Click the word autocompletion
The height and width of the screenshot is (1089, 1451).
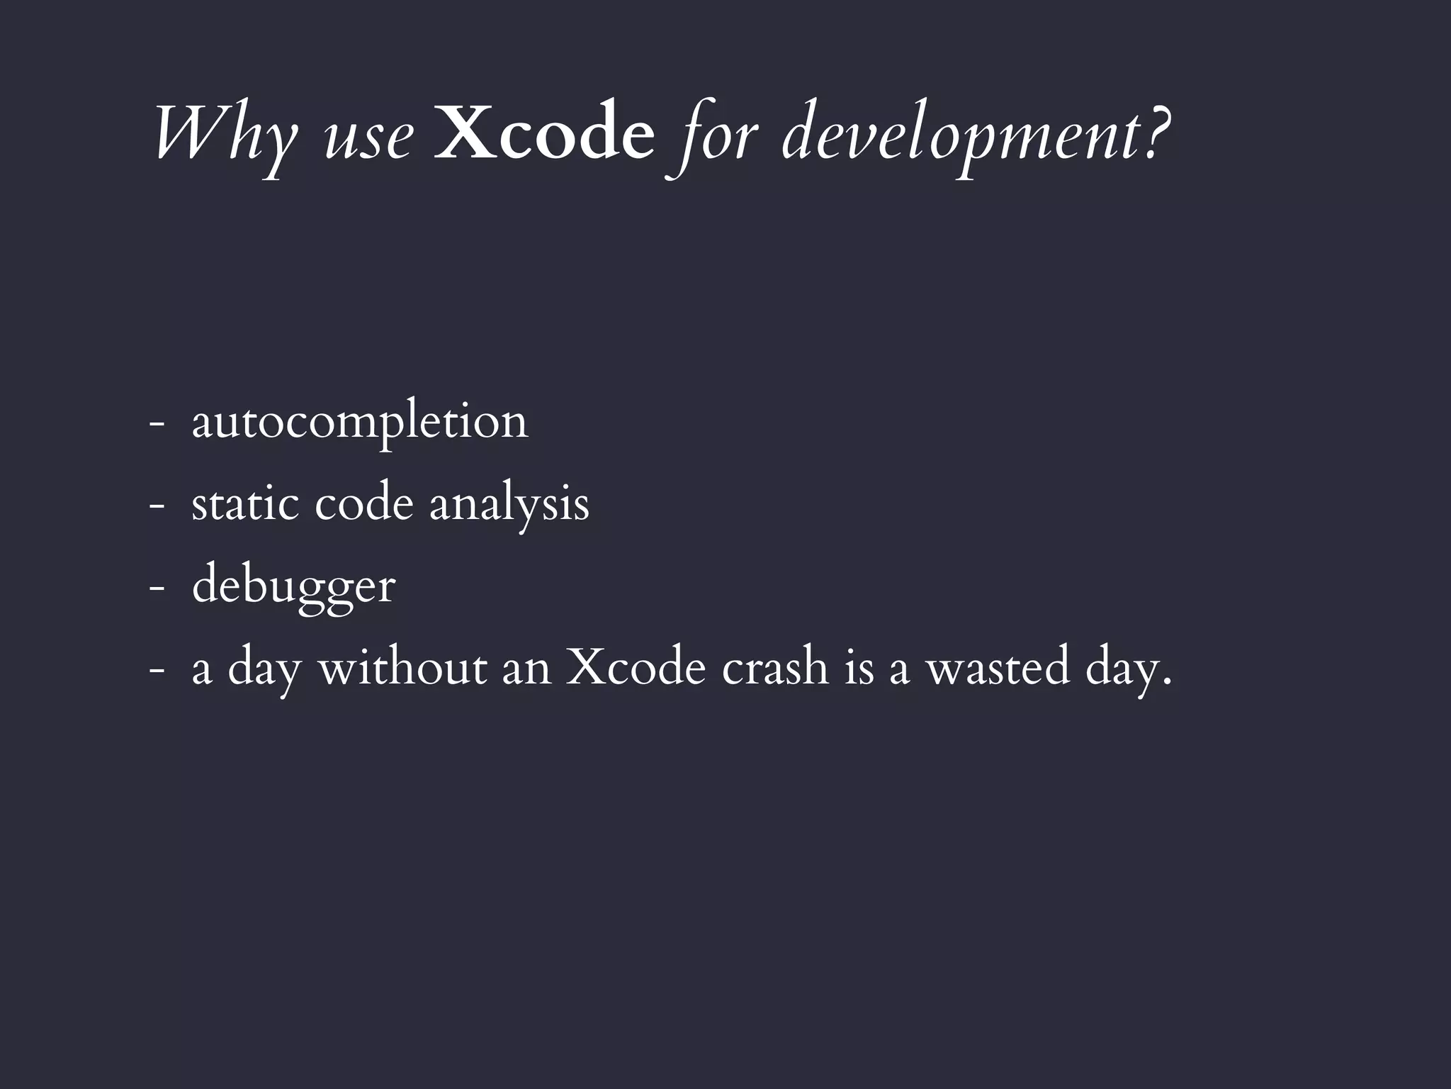click(360, 423)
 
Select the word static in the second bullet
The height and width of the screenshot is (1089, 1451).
click(245, 504)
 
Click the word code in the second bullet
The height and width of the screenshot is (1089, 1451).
click(363, 504)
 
